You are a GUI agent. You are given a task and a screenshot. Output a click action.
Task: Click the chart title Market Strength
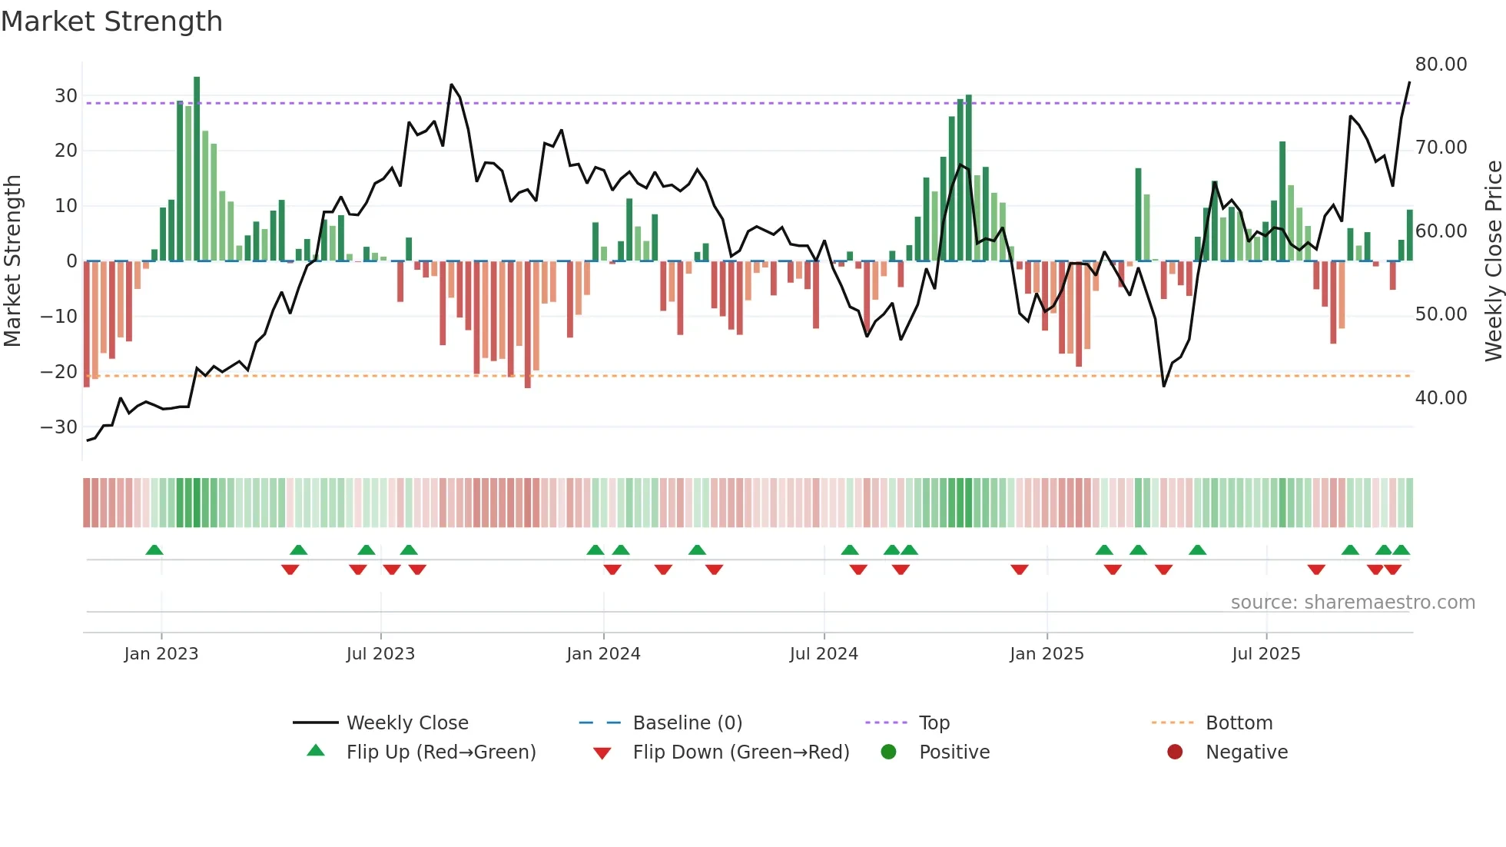(111, 22)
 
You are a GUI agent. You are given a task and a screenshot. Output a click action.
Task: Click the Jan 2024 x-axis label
(603, 654)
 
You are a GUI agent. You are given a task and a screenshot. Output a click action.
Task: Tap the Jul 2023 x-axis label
(380, 654)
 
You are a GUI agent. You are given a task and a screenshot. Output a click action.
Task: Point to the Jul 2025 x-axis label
(1266, 654)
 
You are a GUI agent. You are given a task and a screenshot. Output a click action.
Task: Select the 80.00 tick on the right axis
(1441, 65)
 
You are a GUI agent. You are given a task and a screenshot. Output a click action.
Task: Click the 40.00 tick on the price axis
(1441, 398)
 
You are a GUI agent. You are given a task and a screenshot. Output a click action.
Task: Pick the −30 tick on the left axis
(59, 427)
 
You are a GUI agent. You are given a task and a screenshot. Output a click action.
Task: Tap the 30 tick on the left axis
(66, 96)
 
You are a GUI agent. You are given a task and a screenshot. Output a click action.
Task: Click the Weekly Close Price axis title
(1493, 261)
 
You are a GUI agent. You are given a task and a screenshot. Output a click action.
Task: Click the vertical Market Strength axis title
(12, 261)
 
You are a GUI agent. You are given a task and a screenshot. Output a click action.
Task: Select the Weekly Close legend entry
(407, 723)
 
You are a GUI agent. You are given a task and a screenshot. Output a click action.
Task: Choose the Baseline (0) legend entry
(687, 723)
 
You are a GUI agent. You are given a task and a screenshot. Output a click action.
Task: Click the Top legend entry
(934, 723)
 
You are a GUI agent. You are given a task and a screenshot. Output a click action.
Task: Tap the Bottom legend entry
(1239, 723)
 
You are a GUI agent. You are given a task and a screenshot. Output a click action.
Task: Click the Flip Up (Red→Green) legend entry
(441, 752)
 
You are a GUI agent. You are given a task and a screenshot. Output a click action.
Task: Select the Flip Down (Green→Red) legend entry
(741, 752)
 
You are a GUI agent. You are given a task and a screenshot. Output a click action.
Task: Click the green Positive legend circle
(889, 752)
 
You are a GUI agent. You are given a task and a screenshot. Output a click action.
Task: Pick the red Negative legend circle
(1175, 752)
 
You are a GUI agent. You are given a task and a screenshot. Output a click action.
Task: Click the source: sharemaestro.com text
(1352, 603)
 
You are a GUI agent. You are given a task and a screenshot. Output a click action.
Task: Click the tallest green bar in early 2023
(197, 169)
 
